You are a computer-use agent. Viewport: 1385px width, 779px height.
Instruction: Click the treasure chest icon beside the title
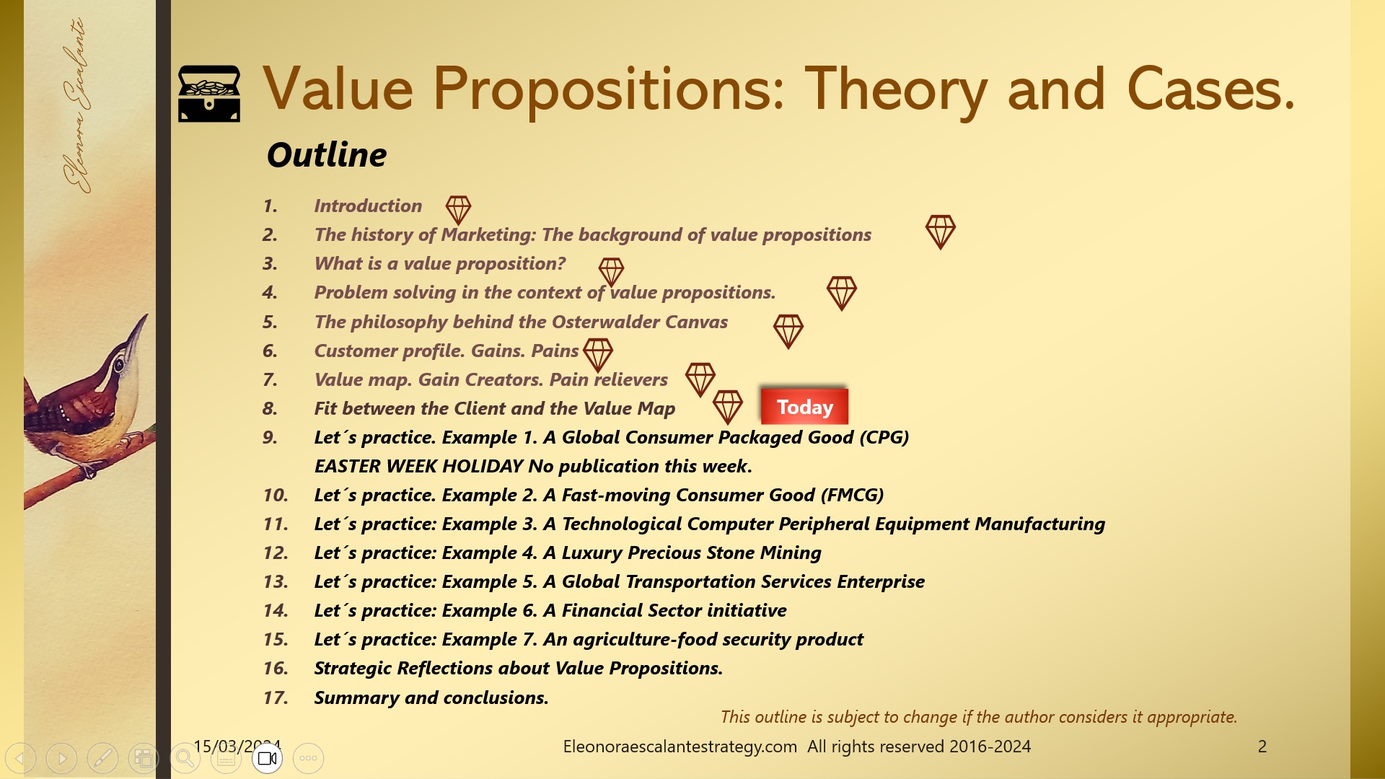pyautogui.click(x=209, y=94)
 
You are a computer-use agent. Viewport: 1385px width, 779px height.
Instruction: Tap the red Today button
pyautogui.click(x=804, y=407)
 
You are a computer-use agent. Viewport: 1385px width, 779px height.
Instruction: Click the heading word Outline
pyautogui.click(x=327, y=154)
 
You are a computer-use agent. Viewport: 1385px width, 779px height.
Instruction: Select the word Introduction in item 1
pyautogui.click(x=368, y=206)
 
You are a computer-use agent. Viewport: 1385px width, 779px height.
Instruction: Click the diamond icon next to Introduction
pyautogui.click(x=458, y=210)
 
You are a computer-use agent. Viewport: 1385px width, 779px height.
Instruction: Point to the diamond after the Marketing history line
pyautogui.click(x=940, y=232)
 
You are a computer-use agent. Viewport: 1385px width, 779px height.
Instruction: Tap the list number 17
pyautogui.click(x=275, y=697)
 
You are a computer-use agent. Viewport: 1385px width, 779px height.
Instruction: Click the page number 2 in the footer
pyautogui.click(x=1262, y=747)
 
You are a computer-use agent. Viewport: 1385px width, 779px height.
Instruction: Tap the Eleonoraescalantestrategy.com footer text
pyautogui.click(x=680, y=747)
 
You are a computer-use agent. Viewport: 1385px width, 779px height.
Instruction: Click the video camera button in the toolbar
pyautogui.click(x=267, y=758)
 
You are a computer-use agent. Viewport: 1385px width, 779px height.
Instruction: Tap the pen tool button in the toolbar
pyautogui.click(x=102, y=758)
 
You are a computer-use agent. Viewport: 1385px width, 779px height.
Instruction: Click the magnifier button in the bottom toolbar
pyautogui.click(x=185, y=758)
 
